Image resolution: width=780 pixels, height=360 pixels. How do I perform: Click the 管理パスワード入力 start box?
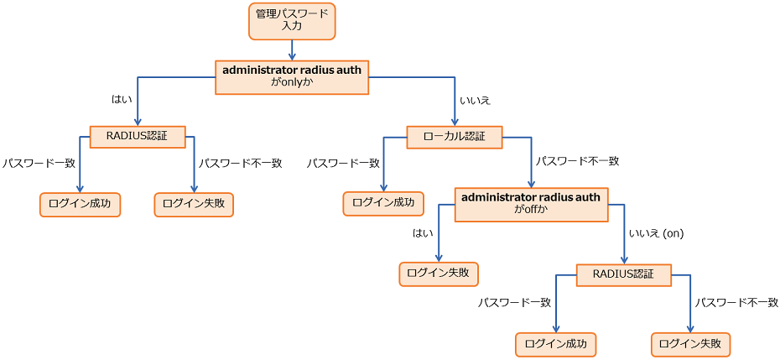pos(292,20)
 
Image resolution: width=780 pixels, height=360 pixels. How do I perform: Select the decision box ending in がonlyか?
pos(292,76)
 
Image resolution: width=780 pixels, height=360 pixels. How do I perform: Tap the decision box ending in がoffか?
pos(532,204)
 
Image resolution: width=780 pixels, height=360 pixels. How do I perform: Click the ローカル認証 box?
pos(454,137)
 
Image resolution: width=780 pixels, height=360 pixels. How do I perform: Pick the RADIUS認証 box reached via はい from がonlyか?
pos(138,137)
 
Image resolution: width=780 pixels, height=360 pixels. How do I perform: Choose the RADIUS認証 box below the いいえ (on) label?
pos(623,274)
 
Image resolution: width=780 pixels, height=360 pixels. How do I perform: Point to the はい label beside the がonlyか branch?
pos(122,99)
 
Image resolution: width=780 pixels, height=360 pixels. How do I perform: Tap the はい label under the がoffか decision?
pos(422,233)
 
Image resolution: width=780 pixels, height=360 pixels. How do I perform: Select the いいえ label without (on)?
pos(475,99)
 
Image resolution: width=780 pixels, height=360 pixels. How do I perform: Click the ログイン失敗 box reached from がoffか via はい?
pos(438,274)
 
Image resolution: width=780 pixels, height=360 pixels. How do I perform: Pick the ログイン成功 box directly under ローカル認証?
pos(383,204)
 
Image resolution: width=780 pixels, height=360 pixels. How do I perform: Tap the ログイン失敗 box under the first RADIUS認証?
pos(194,205)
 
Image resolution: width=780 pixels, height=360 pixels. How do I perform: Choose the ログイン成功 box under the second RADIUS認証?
pos(555,344)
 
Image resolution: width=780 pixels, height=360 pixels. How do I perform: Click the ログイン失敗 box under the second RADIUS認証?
pos(691,344)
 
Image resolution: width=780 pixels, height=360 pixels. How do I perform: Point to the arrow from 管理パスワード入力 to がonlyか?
pos(292,50)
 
